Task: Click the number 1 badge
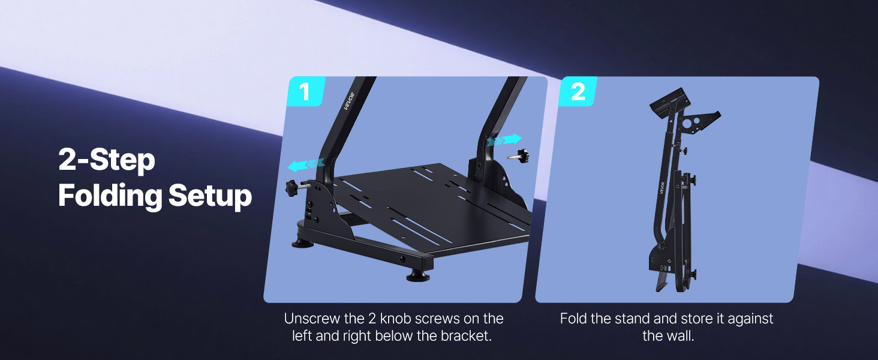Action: (306, 91)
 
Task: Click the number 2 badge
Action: (578, 91)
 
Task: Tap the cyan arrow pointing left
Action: (306, 165)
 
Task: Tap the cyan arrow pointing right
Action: (504, 140)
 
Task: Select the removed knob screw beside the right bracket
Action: (518, 156)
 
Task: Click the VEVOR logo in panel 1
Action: (349, 101)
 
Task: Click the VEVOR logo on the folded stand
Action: (662, 188)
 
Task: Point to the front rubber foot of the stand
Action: (418, 276)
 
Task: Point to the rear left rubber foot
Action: (303, 243)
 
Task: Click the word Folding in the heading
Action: (110, 196)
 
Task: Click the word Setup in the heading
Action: (210, 196)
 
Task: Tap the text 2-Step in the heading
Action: (107, 160)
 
